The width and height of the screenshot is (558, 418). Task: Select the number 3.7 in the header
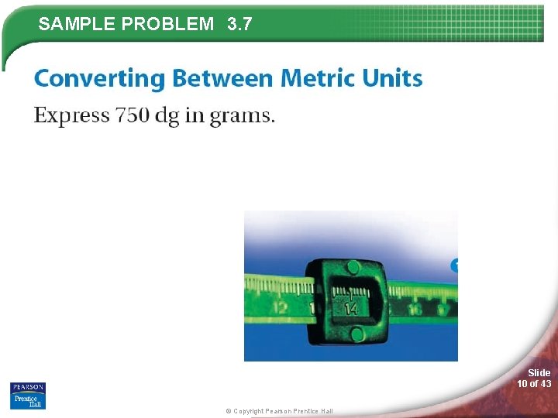pos(240,24)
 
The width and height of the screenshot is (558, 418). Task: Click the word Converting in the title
pos(100,79)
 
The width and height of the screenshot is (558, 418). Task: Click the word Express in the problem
pos(71,116)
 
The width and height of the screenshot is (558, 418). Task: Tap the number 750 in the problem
pos(133,115)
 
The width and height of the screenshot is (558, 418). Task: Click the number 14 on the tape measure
pos(351,308)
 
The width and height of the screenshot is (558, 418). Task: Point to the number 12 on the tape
pos(280,307)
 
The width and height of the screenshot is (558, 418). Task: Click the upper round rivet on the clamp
pos(353,268)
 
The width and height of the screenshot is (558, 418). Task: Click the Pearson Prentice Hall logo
pos(28,395)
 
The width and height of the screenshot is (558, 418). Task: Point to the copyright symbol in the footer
pos(229,411)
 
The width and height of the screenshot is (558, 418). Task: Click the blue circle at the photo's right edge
pos(454,266)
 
